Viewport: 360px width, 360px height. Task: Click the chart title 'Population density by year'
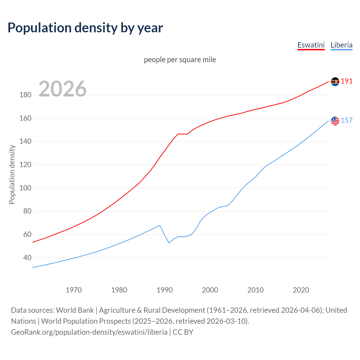point(85,28)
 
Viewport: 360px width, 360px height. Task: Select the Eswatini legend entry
point(311,45)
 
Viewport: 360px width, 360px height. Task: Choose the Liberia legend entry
point(341,45)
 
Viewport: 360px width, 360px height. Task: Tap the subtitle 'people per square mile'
point(180,60)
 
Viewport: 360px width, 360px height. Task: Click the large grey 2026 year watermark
point(62,89)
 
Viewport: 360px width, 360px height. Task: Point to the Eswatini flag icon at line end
point(335,82)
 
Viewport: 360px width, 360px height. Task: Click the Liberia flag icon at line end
point(335,121)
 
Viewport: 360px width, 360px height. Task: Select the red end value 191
point(346,81)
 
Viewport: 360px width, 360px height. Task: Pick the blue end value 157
point(346,121)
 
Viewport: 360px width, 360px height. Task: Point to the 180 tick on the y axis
point(25,95)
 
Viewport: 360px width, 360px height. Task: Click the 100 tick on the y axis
point(25,188)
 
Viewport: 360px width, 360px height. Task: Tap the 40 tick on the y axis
point(27,258)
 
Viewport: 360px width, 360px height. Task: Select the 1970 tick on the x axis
point(74,290)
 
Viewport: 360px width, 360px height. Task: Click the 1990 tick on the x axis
point(165,290)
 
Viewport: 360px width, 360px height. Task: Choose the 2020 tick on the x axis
point(301,290)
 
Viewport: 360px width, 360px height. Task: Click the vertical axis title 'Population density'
point(12,174)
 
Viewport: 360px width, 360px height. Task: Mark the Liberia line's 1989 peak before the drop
point(160,225)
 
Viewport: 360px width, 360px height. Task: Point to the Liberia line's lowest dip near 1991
point(169,243)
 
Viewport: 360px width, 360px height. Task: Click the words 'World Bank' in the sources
point(75,310)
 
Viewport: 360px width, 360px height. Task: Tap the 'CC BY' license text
point(183,332)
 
